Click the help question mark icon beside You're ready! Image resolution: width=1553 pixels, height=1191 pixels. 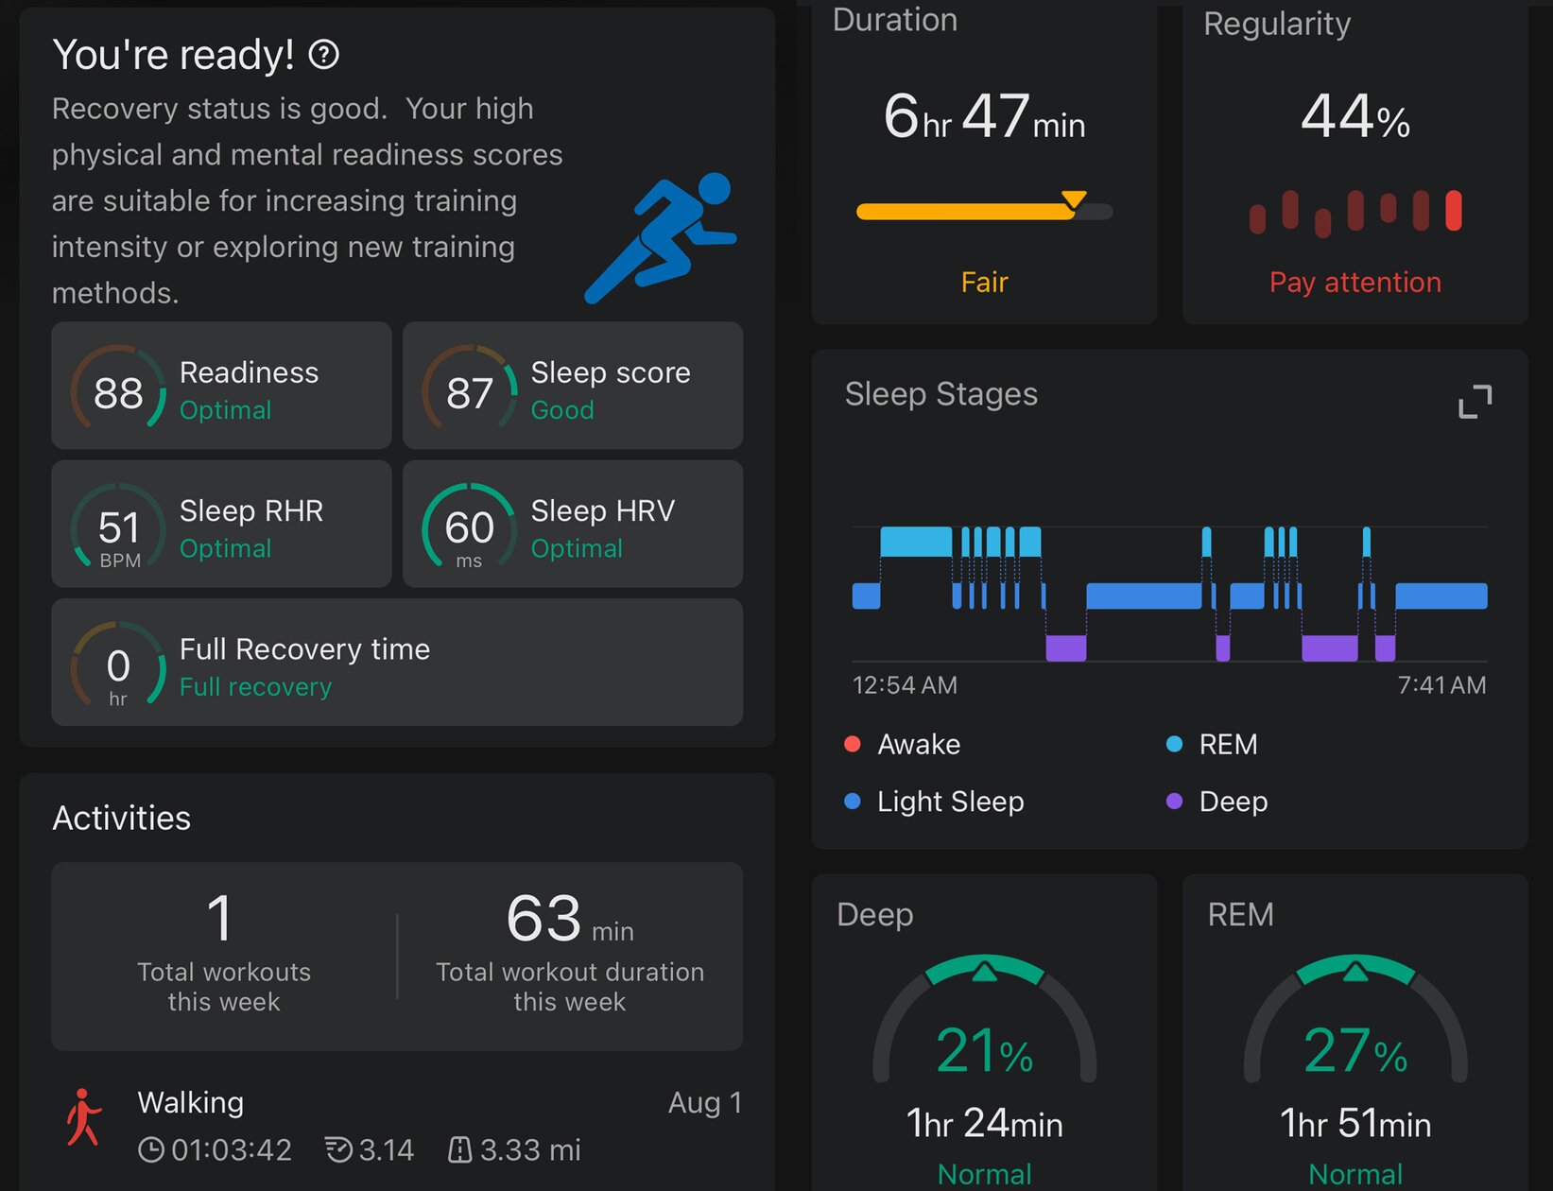click(324, 54)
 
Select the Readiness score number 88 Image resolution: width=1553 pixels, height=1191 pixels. click(118, 392)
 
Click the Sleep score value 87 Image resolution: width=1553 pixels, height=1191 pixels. click(470, 392)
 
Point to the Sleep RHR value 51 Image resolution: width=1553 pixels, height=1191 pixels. click(119, 527)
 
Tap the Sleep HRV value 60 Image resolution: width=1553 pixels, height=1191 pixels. click(470, 527)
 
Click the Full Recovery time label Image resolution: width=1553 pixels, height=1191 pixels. click(304, 649)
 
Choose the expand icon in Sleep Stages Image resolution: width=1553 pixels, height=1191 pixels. click(1475, 401)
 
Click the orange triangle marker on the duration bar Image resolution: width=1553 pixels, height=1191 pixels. click(1074, 199)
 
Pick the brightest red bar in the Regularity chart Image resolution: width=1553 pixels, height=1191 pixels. click(1453, 210)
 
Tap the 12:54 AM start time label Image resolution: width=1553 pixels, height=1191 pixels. click(904, 685)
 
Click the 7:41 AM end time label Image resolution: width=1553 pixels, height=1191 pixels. click(1441, 685)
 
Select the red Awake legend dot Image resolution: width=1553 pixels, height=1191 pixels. click(852, 744)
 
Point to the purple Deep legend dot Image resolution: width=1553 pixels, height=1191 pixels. click(1174, 801)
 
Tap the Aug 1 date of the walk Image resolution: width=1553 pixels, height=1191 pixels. click(705, 1102)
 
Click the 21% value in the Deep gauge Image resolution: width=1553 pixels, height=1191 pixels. click(984, 1049)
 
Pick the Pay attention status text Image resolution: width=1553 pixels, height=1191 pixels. click(1355, 283)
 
